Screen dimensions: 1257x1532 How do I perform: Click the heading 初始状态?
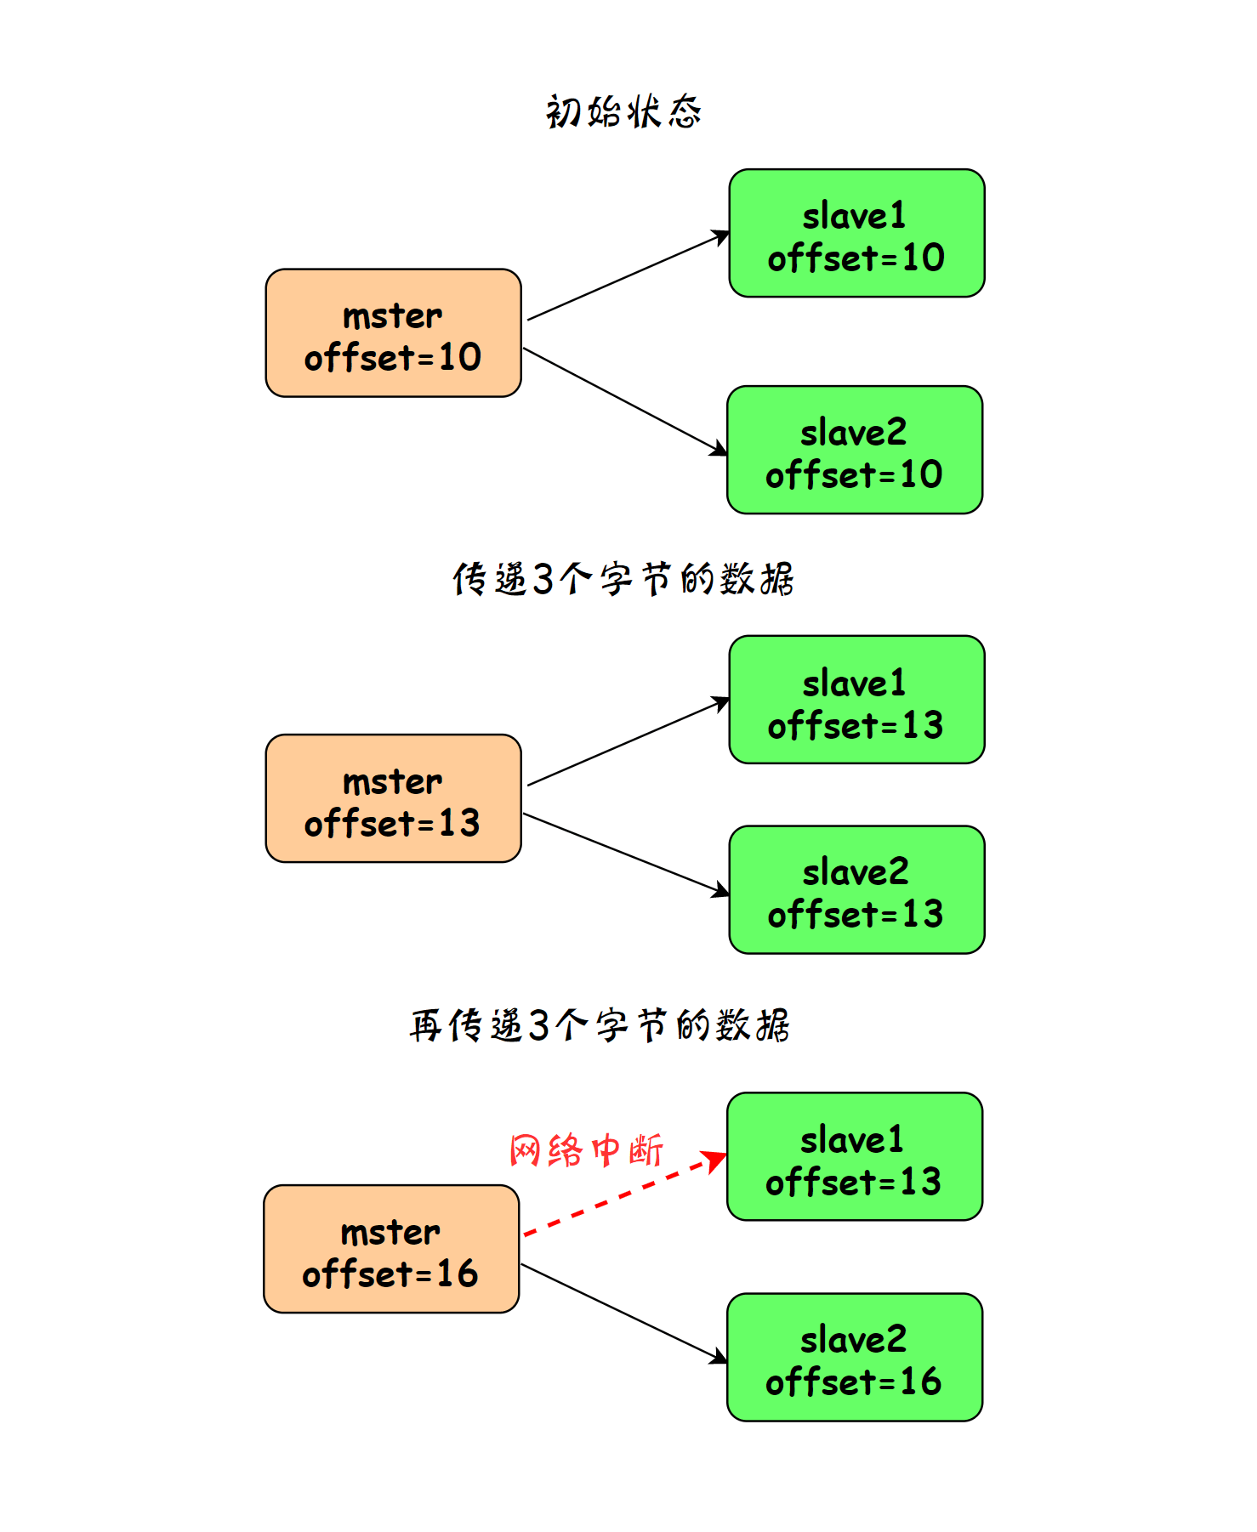pos(623,111)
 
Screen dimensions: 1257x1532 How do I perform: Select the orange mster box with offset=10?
pos(393,333)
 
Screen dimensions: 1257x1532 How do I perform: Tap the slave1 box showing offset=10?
pos(856,233)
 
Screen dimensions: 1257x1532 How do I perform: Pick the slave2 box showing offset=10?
pos(855,450)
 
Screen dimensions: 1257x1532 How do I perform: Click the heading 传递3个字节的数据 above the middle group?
pos(623,579)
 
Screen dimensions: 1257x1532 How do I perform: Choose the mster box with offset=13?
pos(393,798)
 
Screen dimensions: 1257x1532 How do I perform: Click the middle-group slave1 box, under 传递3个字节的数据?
pos(856,700)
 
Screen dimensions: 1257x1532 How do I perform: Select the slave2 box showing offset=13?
pos(856,889)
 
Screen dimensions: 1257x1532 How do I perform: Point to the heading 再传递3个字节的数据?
pos(600,1024)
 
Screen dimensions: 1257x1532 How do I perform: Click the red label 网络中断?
pos(586,1150)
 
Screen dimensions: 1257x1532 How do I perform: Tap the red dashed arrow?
pos(625,1194)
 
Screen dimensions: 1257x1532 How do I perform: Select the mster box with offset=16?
pos(391,1249)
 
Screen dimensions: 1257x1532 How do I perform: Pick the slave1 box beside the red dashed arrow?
pos(855,1156)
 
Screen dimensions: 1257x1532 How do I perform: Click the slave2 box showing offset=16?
pos(855,1357)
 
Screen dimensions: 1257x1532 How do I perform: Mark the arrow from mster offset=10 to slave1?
pos(628,275)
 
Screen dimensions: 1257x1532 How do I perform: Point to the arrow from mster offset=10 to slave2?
pos(625,401)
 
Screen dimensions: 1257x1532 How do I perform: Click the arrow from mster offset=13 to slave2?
pos(626,854)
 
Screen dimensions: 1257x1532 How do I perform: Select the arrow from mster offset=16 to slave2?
pos(624,1314)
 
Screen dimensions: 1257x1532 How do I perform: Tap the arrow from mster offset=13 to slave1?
pos(628,741)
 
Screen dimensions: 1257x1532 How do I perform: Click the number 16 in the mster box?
pos(458,1274)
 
